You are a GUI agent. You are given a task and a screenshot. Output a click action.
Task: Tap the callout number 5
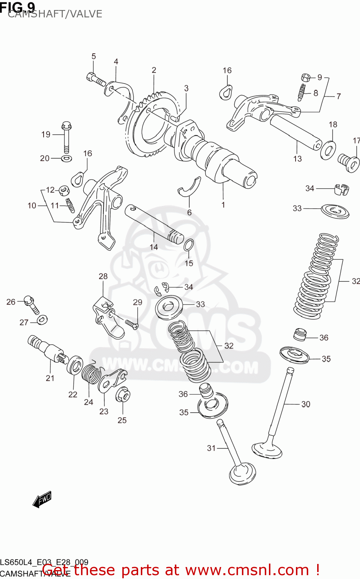point(93,56)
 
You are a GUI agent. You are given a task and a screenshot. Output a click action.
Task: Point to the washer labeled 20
point(66,158)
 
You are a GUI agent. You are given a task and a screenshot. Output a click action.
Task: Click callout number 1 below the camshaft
point(223,205)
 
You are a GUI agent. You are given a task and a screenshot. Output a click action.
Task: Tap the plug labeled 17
point(349,163)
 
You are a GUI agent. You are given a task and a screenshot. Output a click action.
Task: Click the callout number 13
point(297,159)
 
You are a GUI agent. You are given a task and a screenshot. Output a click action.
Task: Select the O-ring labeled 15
point(189,245)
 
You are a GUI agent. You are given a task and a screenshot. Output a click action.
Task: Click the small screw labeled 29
point(132,325)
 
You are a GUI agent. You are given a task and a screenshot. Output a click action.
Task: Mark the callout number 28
point(103,276)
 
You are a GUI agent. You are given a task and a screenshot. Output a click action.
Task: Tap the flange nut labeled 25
point(123,394)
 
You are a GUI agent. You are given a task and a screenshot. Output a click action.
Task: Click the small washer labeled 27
point(42,320)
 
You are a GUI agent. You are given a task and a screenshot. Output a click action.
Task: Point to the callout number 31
point(211,448)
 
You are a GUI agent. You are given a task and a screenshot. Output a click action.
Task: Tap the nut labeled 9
point(306,77)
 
